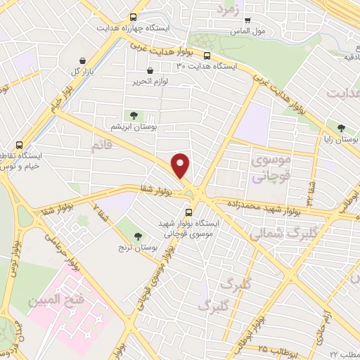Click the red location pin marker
181,166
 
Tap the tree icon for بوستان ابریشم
132,115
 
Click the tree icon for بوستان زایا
341,128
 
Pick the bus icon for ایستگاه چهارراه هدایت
134,18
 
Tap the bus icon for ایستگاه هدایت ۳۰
207,56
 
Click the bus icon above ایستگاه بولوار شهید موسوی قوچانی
188,211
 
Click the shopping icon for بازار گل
84,61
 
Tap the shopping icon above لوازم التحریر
150,70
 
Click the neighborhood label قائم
101,145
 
